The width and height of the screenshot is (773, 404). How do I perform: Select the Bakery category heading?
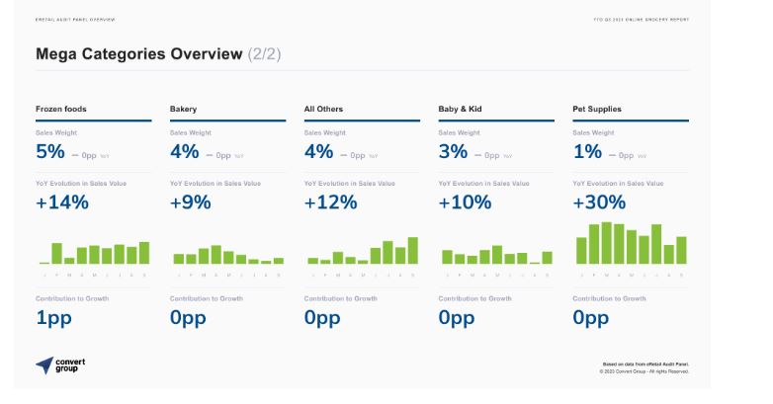tap(184, 109)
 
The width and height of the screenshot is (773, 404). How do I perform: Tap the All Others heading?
tap(323, 109)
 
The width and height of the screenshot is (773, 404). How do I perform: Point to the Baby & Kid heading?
tap(461, 109)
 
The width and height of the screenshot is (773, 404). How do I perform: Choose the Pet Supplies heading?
tap(597, 109)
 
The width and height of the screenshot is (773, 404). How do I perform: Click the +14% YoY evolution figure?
tap(62, 202)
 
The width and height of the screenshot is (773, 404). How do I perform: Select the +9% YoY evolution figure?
tap(192, 202)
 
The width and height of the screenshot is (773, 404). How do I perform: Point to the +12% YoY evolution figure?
tap(331, 202)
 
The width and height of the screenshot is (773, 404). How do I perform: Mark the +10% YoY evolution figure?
tap(466, 202)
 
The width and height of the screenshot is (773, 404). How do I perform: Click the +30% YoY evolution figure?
tap(600, 202)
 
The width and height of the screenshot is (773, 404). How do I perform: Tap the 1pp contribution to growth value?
tap(53, 318)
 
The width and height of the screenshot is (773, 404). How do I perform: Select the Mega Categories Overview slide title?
tap(138, 54)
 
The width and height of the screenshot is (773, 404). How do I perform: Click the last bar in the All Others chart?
tap(412, 251)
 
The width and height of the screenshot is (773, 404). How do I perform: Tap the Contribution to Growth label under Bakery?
tap(207, 297)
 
